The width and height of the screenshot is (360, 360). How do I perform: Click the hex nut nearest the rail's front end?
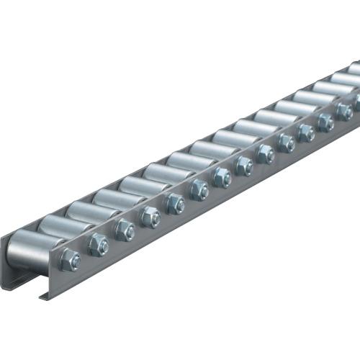pos(70,260)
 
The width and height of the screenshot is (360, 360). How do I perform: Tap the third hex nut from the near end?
pos(125,230)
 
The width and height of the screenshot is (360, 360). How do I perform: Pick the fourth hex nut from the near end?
pos(150,216)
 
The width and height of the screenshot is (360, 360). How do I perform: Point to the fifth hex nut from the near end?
pos(175,203)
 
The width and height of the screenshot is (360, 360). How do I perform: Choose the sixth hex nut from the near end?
pos(199,190)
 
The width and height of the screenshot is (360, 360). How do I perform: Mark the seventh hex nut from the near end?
pos(222,178)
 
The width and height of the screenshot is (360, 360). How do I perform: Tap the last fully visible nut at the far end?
pos(344,110)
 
